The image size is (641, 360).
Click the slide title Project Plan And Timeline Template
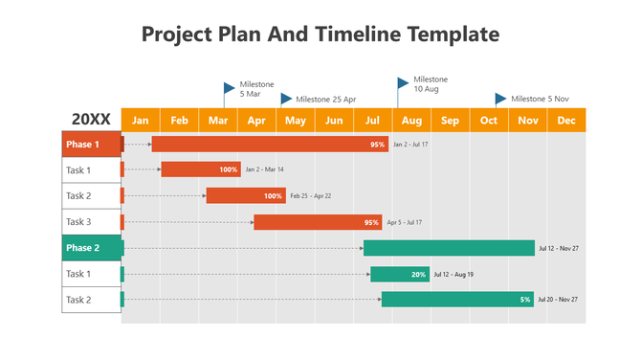coord(320,34)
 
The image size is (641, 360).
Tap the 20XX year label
coord(91,120)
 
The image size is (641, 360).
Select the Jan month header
coord(141,120)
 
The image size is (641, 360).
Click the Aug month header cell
coord(411,120)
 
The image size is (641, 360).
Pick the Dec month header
coord(566,120)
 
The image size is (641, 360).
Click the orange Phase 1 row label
coord(91,145)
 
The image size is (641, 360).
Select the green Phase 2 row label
coord(91,248)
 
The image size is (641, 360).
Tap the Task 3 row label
coord(91,222)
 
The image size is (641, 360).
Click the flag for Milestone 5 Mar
coord(229,88)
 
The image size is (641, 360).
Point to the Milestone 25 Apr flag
coord(286,99)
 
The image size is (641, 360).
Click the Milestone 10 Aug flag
coord(403,83)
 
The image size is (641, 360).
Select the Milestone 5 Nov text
coord(540,99)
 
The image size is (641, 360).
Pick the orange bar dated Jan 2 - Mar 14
coord(200,169)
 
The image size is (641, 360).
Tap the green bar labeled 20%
coord(399,274)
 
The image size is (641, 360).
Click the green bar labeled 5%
coord(457,300)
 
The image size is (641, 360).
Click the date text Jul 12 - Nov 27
coord(559,248)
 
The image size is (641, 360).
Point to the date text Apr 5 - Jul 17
coord(405,222)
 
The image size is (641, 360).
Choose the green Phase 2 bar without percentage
coord(449,248)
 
